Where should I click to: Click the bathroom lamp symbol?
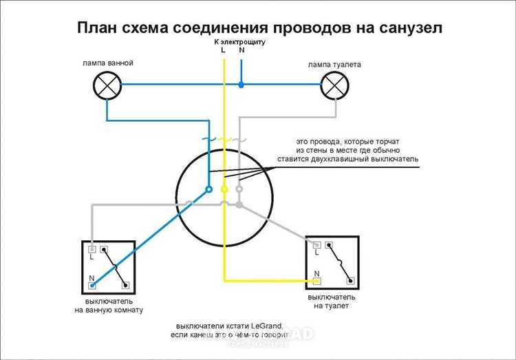pos(107,85)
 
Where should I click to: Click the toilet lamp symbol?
pos(335,85)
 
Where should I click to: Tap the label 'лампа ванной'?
pos(107,63)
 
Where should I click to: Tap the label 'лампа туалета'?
pos(334,64)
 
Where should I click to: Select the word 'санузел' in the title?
pos(404,28)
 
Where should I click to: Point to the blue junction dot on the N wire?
pos(241,85)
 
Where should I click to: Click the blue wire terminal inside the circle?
pos(208,188)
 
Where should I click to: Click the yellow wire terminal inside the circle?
pos(224,188)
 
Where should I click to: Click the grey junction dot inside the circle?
pos(239,204)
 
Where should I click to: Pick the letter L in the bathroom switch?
pos(91,257)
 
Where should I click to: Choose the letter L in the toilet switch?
pos(316,253)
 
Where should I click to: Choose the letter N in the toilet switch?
pos(316,274)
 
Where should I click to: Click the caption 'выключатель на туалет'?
pos(335,300)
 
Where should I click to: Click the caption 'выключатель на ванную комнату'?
pos(109,306)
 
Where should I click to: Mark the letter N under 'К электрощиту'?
pos(241,50)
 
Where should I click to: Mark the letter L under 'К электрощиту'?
pos(223,50)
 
